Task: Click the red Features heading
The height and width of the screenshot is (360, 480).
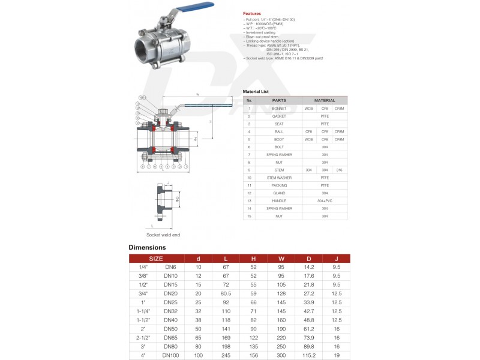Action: (x=251, y=13)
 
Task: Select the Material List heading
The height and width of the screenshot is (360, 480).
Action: (x=256, y=91)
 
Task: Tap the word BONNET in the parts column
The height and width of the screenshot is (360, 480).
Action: (x=278, y=109)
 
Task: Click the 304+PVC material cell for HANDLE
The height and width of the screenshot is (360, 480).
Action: (x=325, y=200)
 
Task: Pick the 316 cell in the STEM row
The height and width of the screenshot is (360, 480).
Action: (x=340, y=170)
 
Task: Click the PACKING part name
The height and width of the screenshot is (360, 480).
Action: (x=278, y=185)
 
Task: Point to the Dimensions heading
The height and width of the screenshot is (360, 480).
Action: (x=147, y=247)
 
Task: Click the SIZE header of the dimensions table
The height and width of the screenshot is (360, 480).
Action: (x=156, y=259)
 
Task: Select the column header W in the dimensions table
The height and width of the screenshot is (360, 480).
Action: (x=281, y=259)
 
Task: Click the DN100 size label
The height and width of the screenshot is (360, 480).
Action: (x=170, y=356)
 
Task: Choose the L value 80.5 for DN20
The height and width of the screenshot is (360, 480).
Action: (x=226, y=293)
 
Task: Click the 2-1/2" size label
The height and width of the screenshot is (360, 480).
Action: (x=143, y=338)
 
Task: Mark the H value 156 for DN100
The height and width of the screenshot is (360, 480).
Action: (x=253, y=356)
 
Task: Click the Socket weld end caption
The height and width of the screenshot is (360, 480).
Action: (x=163, y=235)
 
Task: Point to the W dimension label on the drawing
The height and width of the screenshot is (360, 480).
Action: (x=197, y=95)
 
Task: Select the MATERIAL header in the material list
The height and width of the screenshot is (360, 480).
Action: (x=325, y=100)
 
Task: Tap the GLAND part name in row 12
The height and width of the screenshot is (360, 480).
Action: (x=278, y=193)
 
